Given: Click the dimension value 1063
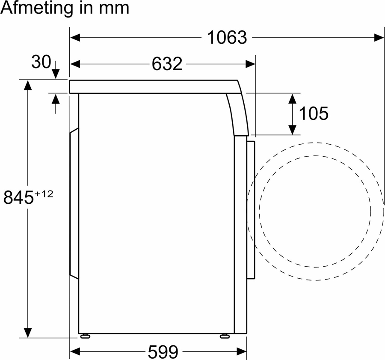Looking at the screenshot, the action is point(227,37).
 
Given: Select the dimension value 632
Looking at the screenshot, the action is point(167,64).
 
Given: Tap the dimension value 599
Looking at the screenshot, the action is point(163,351).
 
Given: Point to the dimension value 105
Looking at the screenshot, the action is point(314,113).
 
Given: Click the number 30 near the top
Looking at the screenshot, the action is point(41,62).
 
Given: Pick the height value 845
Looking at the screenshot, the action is point(18,197).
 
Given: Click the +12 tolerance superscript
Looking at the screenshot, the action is point(44,194).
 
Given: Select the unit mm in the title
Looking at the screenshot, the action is point(114,9).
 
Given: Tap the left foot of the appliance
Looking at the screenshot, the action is point(85,336).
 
